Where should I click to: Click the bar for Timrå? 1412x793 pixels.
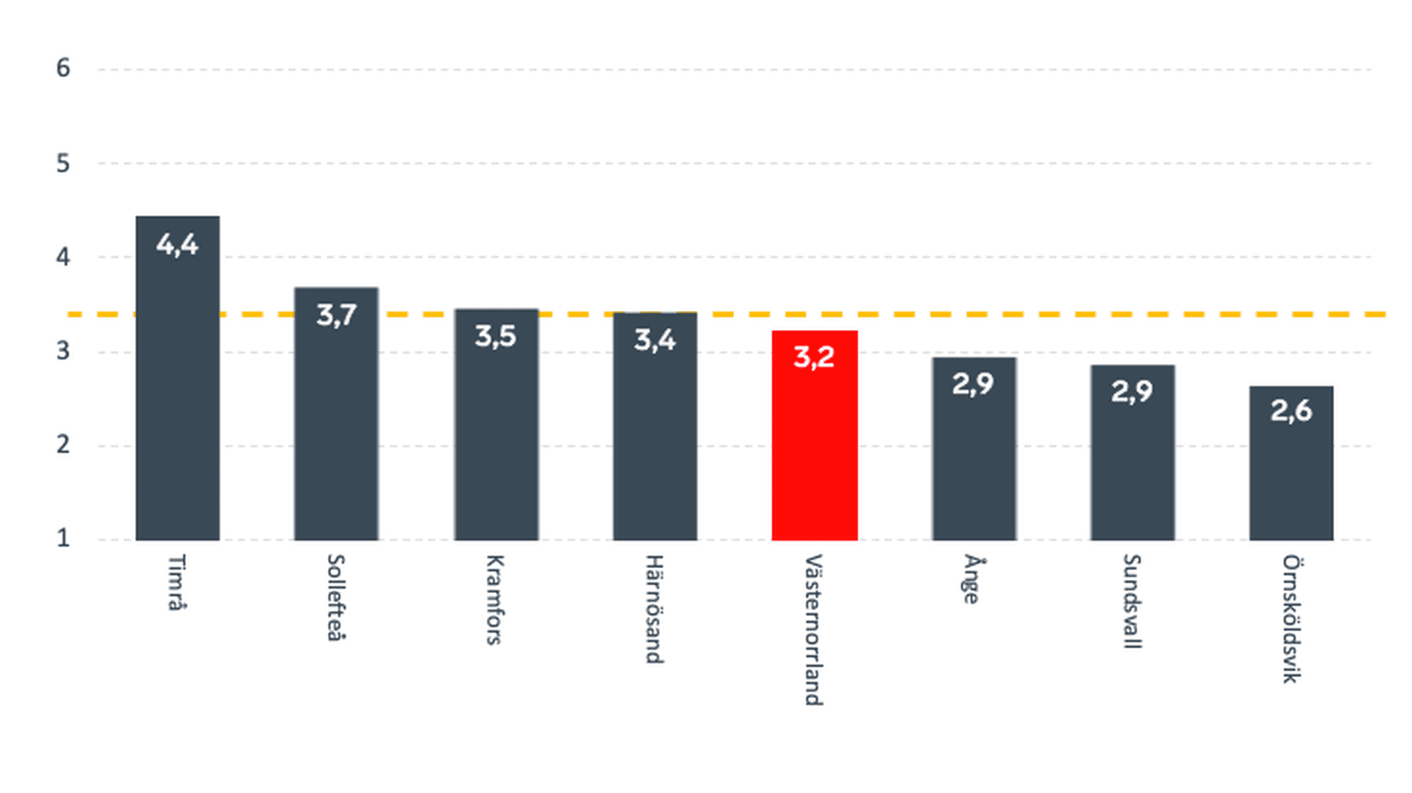pos(177,397)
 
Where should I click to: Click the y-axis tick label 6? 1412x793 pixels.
pos(63,68)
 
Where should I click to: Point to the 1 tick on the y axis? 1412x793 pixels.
pos(63,538)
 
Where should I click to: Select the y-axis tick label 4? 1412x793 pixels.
pos(63,257)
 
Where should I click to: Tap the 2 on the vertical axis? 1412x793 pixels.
pos(63,445)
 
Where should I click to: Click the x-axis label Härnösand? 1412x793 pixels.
pos(655,609)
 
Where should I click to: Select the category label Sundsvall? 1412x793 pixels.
pos(1132,601)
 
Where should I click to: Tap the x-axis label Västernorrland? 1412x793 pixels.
pos(813,630)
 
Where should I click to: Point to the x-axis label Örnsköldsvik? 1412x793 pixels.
pos(1291,619)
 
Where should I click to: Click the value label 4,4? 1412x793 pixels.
pos(177,245)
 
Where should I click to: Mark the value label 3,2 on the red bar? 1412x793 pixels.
pos(814,357)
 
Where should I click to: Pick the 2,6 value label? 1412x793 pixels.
pos(1291,411)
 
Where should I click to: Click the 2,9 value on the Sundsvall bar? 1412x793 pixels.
pos(1132,391)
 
